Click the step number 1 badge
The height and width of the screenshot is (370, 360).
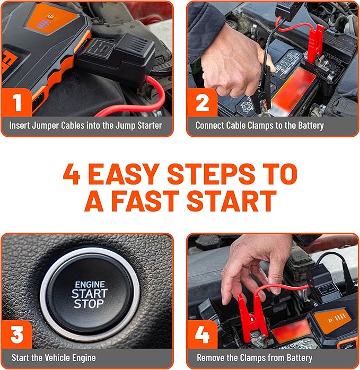pos(16,102)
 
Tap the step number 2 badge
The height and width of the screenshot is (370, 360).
pos(203,102)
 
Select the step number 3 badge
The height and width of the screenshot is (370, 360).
pos(16,334)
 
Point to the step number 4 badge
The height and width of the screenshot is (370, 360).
pos(203,334)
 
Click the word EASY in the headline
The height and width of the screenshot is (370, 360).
pos(124,174)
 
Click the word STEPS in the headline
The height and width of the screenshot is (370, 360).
pos(211,174)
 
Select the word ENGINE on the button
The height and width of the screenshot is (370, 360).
pos(90,285)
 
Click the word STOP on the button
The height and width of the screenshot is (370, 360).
pos(89,304)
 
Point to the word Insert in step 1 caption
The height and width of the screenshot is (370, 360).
pos(20,125)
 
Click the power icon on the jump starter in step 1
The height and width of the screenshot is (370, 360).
pos(51,16)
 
